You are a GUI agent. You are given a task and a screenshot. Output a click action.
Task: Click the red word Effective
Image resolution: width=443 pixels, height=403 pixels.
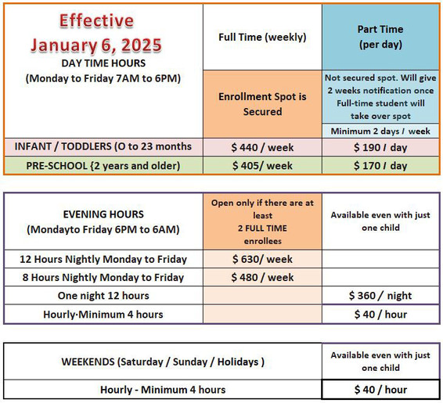tap(96, 20)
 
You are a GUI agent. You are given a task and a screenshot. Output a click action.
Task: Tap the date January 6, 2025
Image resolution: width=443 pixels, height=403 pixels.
tap(96, 45)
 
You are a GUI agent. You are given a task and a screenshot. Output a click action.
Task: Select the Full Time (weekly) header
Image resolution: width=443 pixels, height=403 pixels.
tap(262, 37)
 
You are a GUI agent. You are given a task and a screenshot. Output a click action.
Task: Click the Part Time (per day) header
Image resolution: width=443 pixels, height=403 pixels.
tap(380, 37)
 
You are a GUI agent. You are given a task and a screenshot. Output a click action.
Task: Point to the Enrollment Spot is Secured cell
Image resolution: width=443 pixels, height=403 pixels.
tap(262, 104)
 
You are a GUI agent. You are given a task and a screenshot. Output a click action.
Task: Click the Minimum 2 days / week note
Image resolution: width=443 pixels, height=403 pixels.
tap(380, 131)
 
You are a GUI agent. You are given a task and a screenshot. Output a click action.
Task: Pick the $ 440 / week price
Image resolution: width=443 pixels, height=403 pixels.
tap(262, 147)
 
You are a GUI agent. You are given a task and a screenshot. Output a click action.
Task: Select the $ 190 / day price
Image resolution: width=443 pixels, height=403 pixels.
tap(380, 147)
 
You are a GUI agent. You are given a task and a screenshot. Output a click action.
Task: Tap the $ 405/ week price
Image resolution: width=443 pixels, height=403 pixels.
tap(262, 165)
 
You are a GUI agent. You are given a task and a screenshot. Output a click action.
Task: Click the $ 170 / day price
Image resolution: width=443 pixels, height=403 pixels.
tap(380, 165)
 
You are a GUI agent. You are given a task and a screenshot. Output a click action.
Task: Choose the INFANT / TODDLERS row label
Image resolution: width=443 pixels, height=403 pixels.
tap(103, 146)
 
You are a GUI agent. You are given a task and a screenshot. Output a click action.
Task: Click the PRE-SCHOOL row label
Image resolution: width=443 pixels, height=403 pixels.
tap(103, 165)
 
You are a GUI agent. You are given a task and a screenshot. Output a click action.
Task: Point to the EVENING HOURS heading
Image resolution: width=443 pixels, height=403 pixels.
tap(103, 214)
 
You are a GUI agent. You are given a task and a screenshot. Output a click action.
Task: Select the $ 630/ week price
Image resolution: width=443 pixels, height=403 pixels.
tap(262, 259)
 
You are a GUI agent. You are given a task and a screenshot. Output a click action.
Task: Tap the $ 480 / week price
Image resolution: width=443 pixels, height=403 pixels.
tap(262, 277)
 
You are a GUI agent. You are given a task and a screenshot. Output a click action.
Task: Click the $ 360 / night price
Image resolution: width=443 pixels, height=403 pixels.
tap(380, 295)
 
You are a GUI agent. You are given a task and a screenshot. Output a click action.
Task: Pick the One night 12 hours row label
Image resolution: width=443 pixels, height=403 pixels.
tap(103, 295)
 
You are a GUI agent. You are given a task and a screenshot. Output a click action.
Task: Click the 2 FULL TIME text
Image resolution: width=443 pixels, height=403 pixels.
tap(262, 228)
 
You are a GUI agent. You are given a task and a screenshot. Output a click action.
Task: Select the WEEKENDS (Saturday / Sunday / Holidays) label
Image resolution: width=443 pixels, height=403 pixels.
tap(163, 362)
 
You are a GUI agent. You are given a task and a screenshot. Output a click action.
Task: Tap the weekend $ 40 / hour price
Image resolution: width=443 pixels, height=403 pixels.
tap(380, 390)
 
